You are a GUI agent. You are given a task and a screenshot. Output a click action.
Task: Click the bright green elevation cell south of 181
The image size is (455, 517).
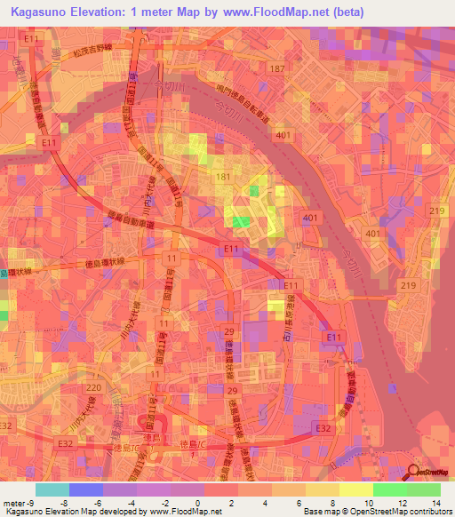241,221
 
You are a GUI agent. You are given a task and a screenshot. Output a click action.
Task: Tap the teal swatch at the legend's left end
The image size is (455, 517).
52,489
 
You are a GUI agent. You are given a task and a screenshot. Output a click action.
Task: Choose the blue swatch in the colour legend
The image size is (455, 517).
84,489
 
